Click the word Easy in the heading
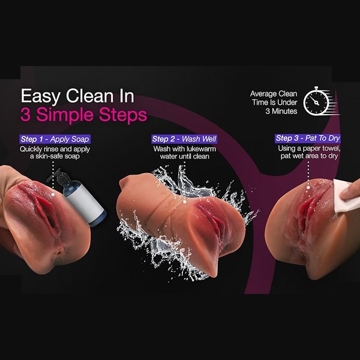click(40, 97)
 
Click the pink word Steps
click(123, 114)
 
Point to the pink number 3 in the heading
click(25, 115)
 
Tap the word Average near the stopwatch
click(263, 94)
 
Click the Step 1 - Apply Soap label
click(55, 139)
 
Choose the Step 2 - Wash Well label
click(184, 139)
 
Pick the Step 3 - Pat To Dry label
click(308, 138)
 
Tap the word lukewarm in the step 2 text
click(201, 149)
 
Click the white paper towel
click(345, 196)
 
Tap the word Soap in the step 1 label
click(79, 139)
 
